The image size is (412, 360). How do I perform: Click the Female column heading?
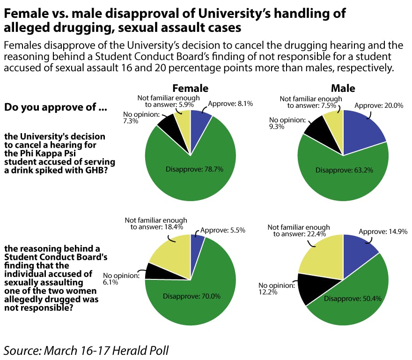[x=190, y=88]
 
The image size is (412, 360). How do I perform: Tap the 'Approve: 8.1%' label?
[x=226, y=104]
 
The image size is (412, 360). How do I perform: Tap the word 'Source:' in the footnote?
[x=22, y=350]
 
